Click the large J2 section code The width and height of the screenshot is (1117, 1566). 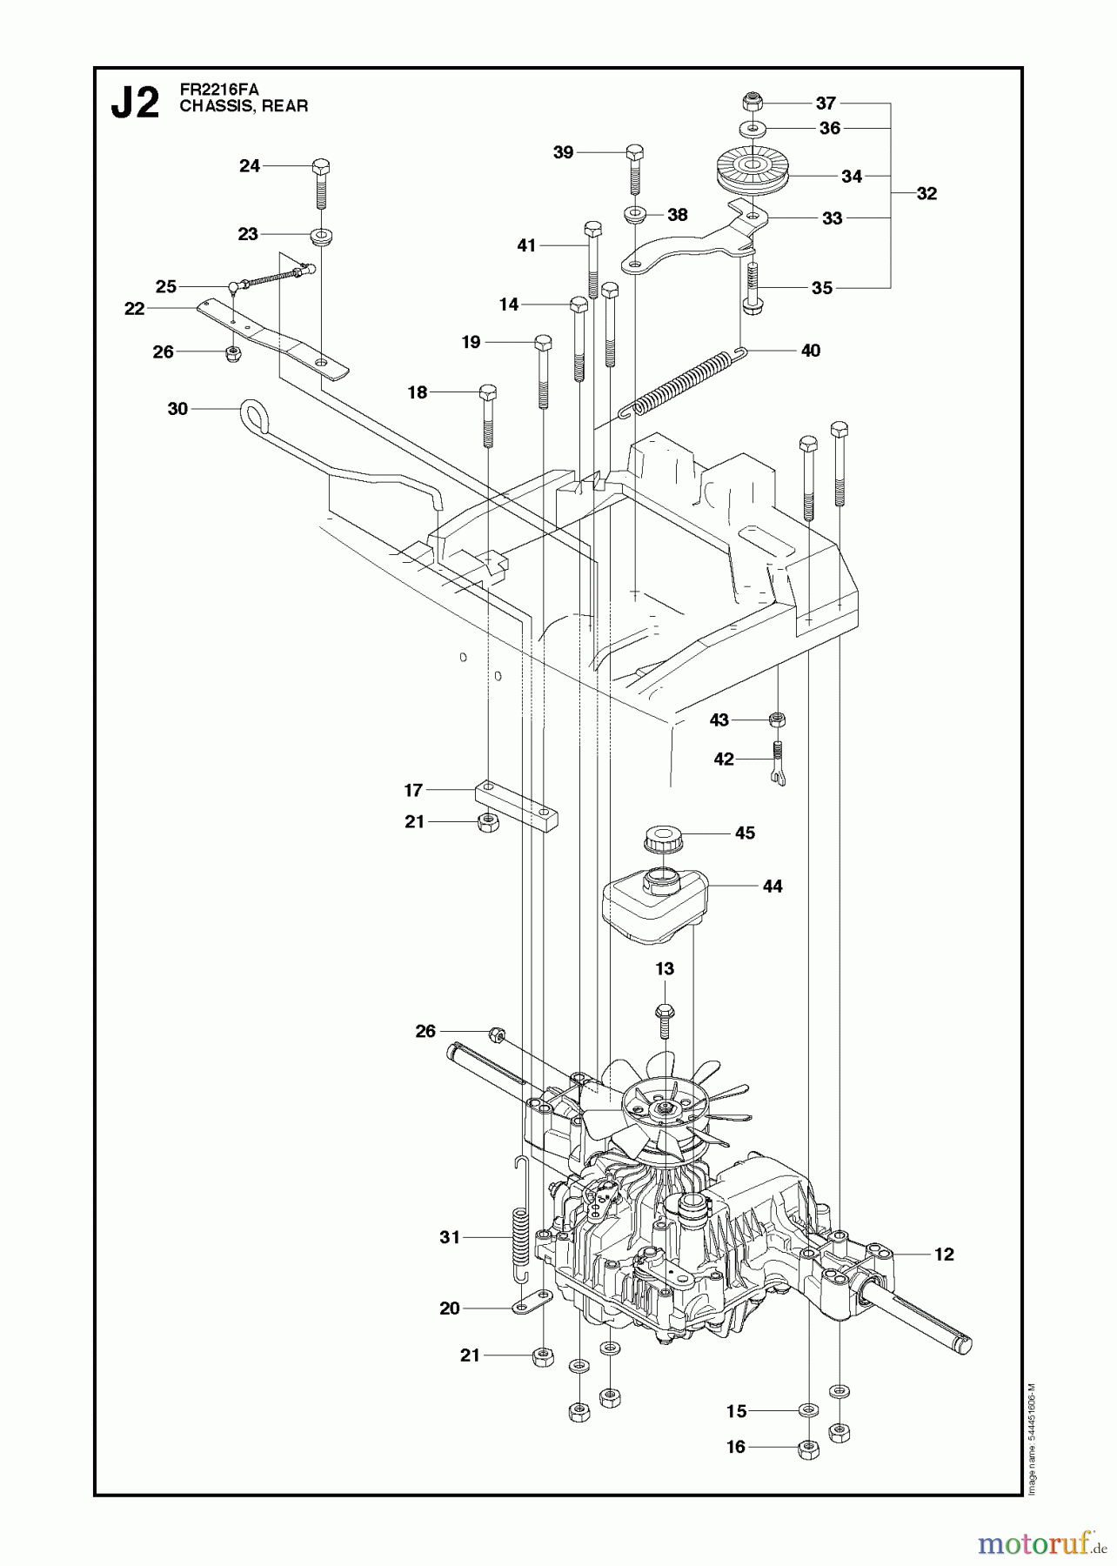pos(136,104)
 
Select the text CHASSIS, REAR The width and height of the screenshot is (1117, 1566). pos(244,106)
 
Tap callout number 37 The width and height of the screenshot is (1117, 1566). pos(826,104)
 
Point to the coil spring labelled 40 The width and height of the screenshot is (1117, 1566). pos(682,383)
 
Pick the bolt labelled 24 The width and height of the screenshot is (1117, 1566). pos(320,183)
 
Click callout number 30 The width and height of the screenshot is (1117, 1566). pos(177,408)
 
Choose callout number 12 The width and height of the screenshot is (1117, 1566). pos(944,1254)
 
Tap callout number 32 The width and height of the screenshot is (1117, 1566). pos(927,193)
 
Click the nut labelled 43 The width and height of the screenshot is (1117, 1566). pos(779,719)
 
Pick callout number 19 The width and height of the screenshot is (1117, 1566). pos(471,342)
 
